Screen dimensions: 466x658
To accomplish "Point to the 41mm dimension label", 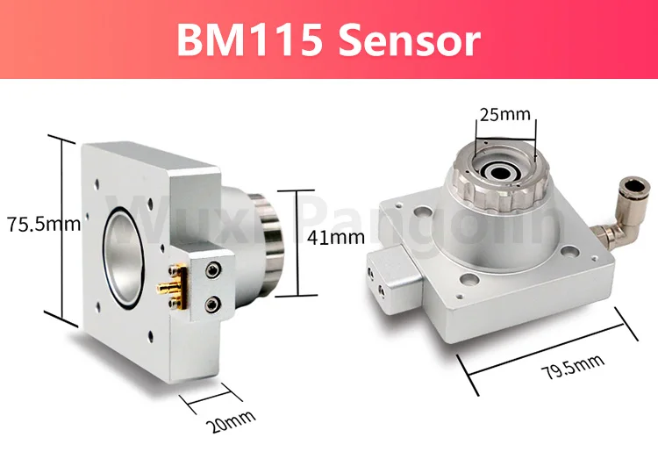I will [336, 236].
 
